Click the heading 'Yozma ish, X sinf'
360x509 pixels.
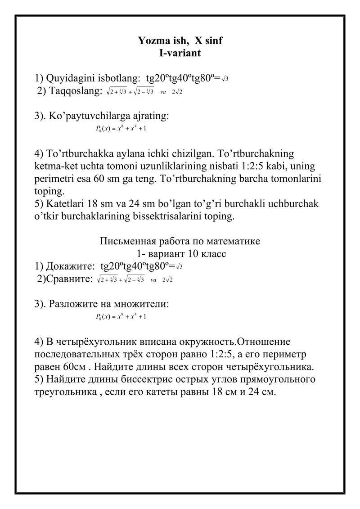tap(180, 41)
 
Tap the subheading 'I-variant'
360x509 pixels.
tap(180, 53)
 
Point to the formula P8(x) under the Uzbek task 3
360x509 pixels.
tap(121, 130)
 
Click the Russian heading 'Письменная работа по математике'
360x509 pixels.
tap(180, 241)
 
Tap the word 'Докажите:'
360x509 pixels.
tap(70, 266)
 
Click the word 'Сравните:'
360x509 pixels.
tap(69, 279)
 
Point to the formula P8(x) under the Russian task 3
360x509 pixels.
tap(121, 317)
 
